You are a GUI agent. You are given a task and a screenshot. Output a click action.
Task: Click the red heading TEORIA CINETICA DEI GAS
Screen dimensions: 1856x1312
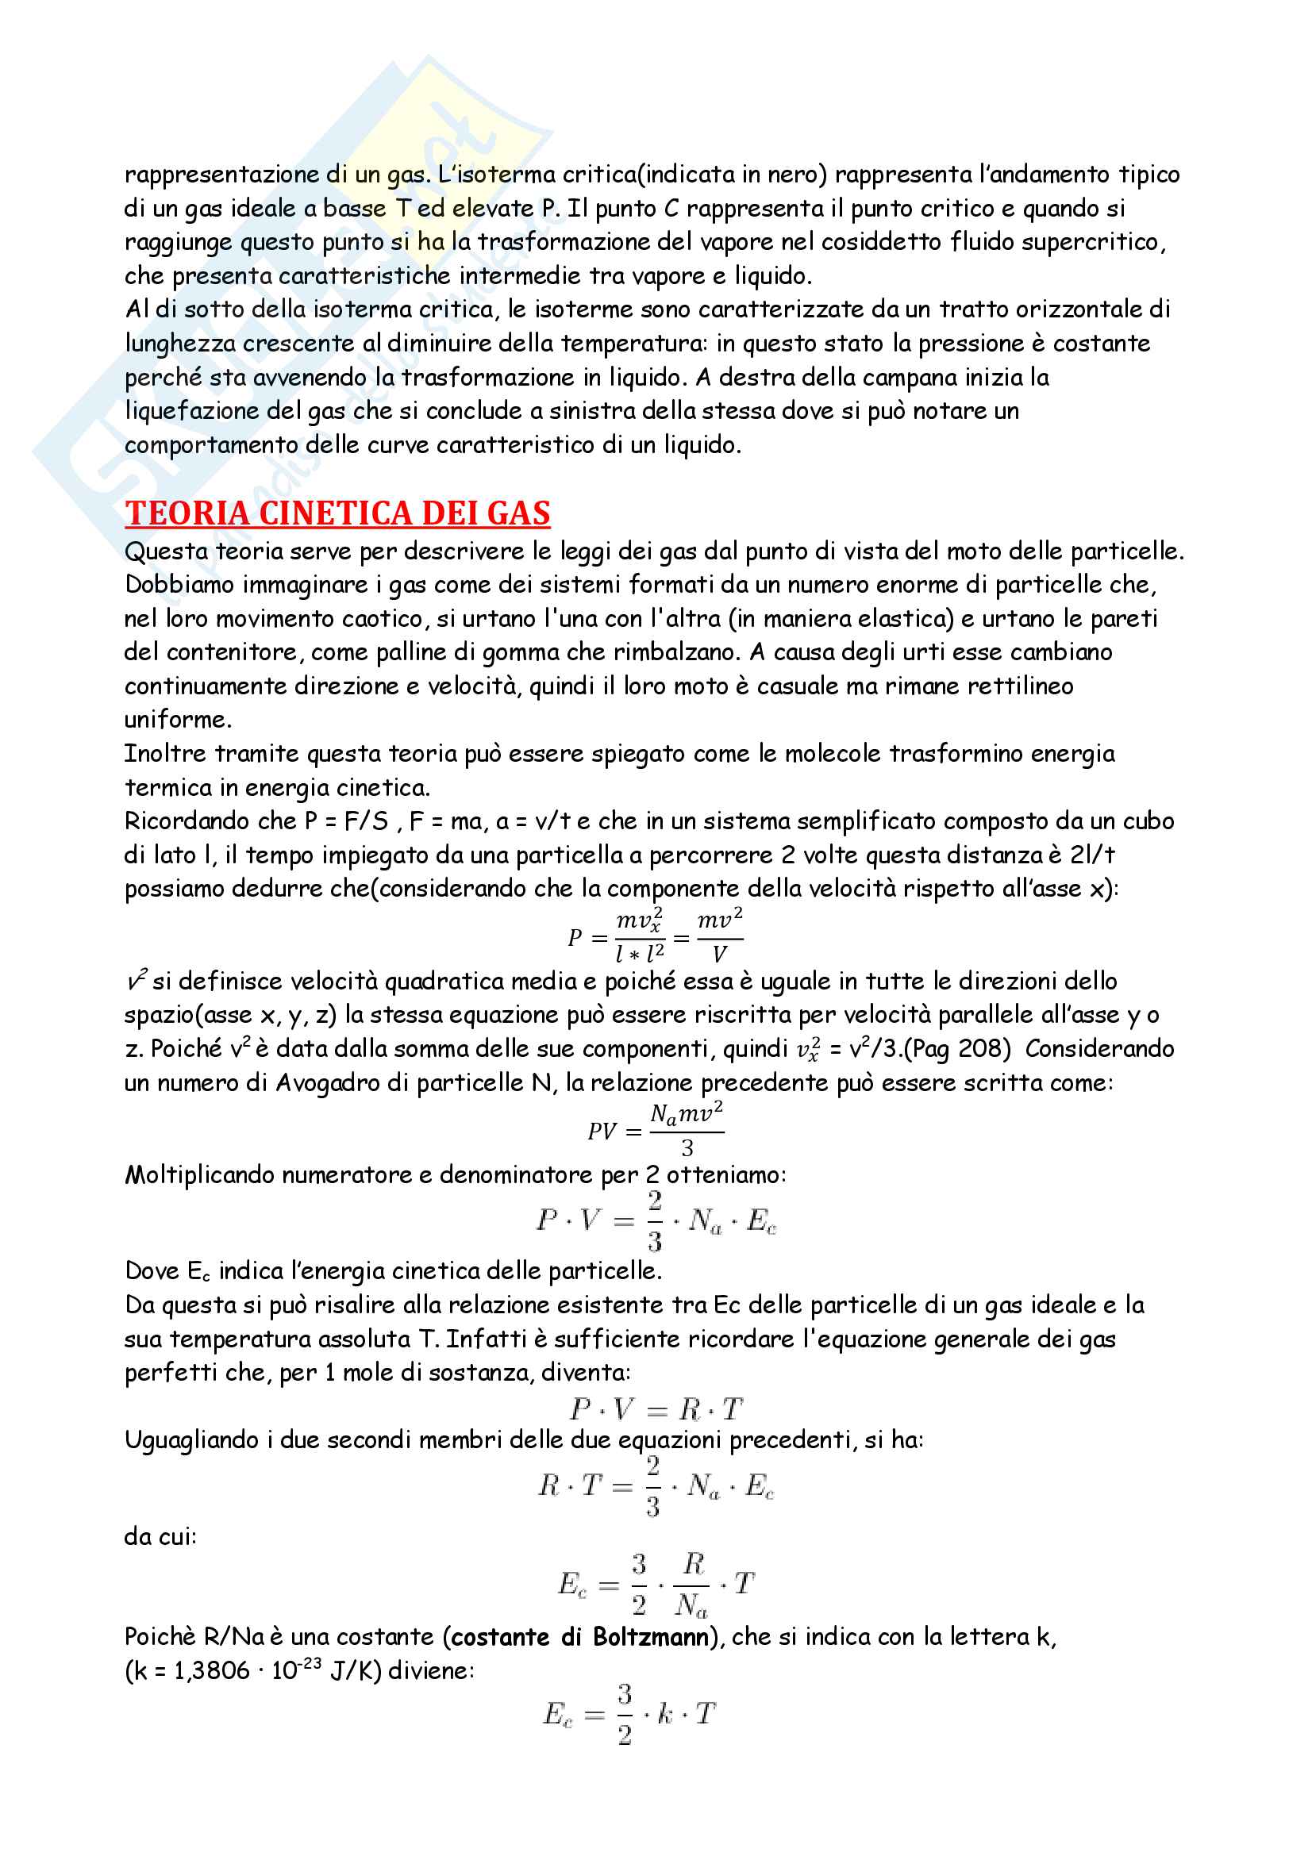(337, 513)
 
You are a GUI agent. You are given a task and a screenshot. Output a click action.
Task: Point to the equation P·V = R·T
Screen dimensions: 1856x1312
(656, 1409)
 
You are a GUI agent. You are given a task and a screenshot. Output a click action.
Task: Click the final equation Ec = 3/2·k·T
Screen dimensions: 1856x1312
(629, 1713)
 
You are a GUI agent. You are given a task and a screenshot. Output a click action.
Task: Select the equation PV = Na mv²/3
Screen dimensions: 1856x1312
(656, 1129)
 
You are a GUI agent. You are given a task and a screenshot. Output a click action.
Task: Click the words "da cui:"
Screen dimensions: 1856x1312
(160, 1536)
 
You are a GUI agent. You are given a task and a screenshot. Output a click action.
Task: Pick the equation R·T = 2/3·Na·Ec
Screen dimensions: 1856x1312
(656, 1485)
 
